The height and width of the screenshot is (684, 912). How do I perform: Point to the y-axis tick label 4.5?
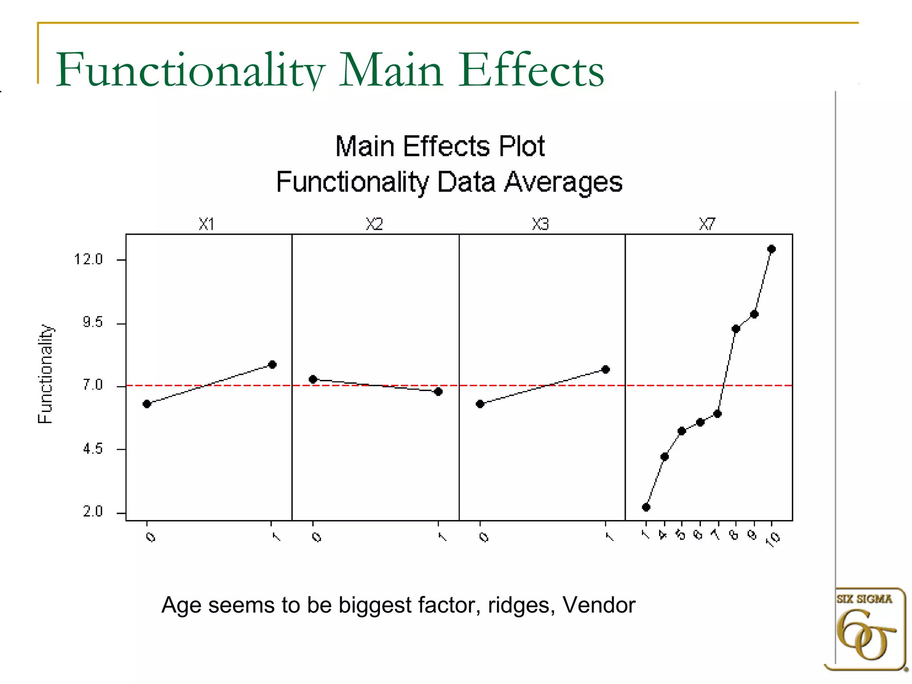[x=93, y=449]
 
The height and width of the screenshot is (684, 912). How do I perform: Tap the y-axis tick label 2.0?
[x=93, y=512]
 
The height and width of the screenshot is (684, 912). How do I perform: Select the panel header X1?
[x=207, y=224]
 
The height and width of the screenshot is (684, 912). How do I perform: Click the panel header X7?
[x=707, y=224]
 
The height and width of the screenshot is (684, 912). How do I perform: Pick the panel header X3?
[x=540, y=224]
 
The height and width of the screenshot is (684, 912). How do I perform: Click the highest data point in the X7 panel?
[x=772, y=249]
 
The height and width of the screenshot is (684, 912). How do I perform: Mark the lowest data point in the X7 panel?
[x=646, y=507]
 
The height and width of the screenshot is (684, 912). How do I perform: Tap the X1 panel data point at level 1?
[x=273, y=365]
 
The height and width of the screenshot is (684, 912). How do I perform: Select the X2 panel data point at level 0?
[x=313, y=379]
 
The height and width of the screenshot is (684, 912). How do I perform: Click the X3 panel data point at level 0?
[x=480, y=404]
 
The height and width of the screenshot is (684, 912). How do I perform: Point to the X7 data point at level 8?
[x=736, y=329]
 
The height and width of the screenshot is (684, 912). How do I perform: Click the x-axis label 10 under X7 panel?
[x=775, y=539]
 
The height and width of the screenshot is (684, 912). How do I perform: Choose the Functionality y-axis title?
[x=45, y=374]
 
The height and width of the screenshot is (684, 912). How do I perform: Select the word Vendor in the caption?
[x=598, y=605]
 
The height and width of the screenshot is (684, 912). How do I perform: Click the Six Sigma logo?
[x=865, y=628]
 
